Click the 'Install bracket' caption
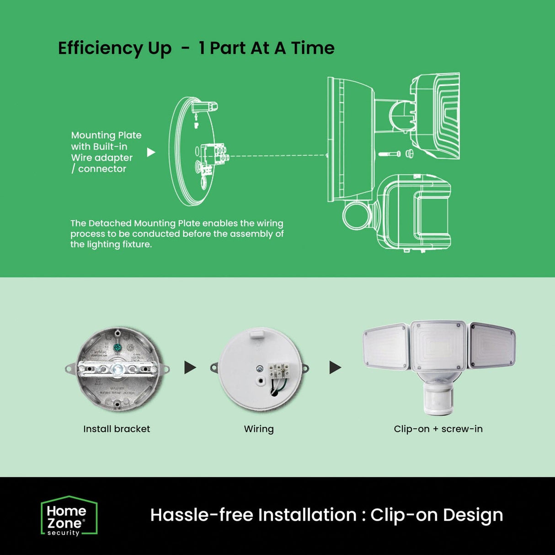(x=117, y=429)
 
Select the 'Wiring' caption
(x=259, y=429)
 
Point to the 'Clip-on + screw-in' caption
(x=438, y=429)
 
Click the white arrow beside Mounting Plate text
(x=151, y=152)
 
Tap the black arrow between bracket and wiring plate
(x=190, y=368)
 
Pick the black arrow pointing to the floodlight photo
(x=335, y=368)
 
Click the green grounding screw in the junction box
(x=117, y=347)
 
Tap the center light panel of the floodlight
(x=438, y=346)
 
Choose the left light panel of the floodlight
(x=386, y=347)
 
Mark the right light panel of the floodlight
(x=492, y=346)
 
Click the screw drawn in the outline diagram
(x=389, y=154)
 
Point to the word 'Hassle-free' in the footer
(x=202, y=515)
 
